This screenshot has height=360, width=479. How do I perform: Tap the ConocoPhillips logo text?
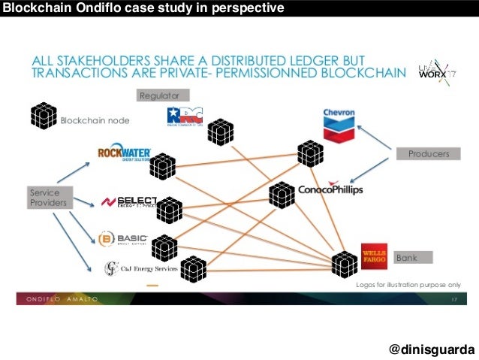(330, 189)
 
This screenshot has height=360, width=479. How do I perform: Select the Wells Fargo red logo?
(373, 256)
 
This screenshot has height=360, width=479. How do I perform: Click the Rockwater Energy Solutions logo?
(125, 154)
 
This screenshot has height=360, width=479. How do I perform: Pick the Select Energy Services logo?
(129, 201)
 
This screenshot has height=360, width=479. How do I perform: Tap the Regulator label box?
(163, 95)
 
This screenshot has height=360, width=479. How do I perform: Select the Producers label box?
(429, 153)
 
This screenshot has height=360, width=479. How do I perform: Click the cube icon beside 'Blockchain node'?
(44, 116)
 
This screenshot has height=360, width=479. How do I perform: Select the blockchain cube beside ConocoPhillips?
(282, 195)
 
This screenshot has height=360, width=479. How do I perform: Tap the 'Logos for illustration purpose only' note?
(406, 286)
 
